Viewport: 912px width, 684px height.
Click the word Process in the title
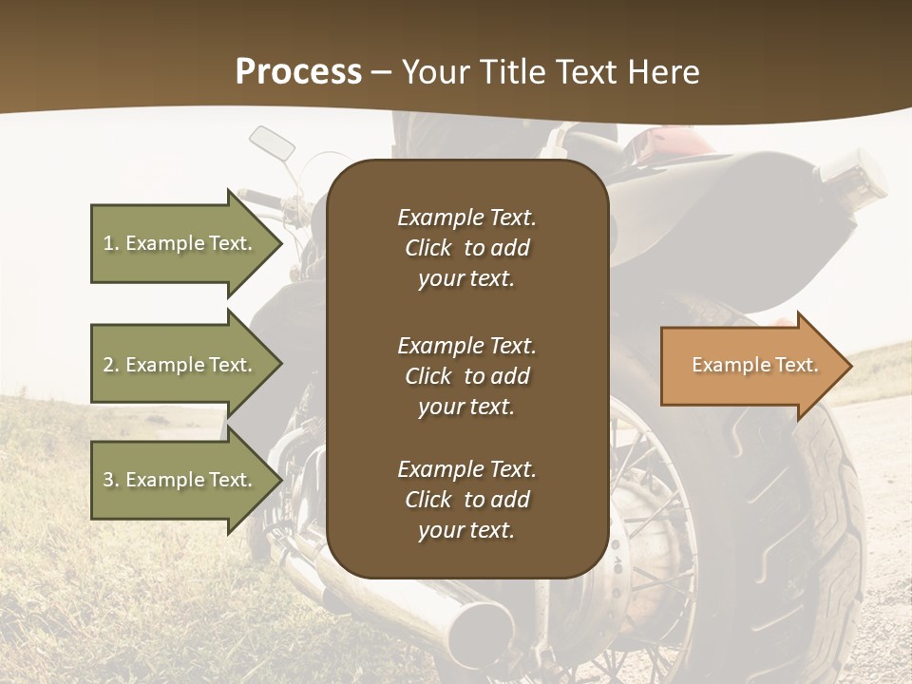pyautogui.click(x=298, y=72)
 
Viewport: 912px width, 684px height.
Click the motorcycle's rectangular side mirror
pyautogui.click(x=272, y=142)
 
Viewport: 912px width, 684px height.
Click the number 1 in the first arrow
pyautogui.click(x=108, y=243)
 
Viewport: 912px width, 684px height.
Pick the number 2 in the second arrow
pyautogui.click(x=108, y=365)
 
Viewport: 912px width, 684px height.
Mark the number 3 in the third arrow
pyautogui.click(x=108, y=480)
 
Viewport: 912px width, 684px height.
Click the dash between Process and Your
pyautogui.click(x=382, y=72)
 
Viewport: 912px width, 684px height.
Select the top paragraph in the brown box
pyautogui.click(x=466, y=248)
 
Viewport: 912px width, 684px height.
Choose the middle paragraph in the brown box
pyautogui.click(x=466, y=375)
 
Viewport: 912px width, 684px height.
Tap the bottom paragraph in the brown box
pyautogui.click(x=466, y=500)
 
